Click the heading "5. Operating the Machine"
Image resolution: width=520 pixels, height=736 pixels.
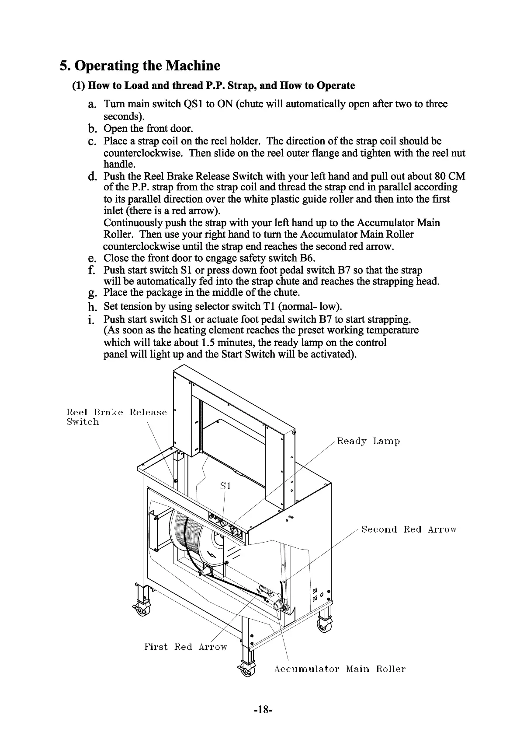(x=140, y=66)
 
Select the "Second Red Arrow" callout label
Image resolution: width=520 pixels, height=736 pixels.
(x=409, y=529)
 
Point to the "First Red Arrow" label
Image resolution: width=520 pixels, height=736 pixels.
(x=186, y=647)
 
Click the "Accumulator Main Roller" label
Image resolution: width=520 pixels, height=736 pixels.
(x=340, y=669)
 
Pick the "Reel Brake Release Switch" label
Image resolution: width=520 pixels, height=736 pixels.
(x=116, y=417)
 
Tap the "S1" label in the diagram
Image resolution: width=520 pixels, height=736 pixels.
(x=225, y=486)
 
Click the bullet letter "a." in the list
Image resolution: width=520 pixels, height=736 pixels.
(x=92, y=105)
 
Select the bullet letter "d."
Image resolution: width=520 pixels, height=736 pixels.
(x=92, y=177)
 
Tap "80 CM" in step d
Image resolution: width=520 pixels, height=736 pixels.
(x=450, y=176)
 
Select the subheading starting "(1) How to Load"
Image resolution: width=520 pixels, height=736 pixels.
(x=214, y=85)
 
